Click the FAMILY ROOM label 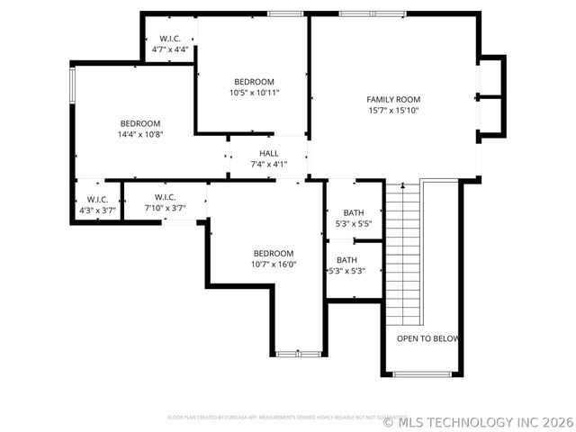(393, 99)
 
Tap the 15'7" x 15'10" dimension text (393, 110)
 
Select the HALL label (268, 154)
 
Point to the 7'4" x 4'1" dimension (268, 165)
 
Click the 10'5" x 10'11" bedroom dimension (254, 92)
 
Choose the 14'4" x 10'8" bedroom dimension (140, 134)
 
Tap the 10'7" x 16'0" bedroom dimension (273, 264)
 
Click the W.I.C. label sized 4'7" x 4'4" (170, 39)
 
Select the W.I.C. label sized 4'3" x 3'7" (97, 199)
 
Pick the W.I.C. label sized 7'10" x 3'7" (165, 197)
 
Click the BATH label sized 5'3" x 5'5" (353, 213)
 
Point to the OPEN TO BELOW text (428, 339)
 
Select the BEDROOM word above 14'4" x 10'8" (140, 123)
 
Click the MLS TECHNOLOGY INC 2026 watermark (479, 421)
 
